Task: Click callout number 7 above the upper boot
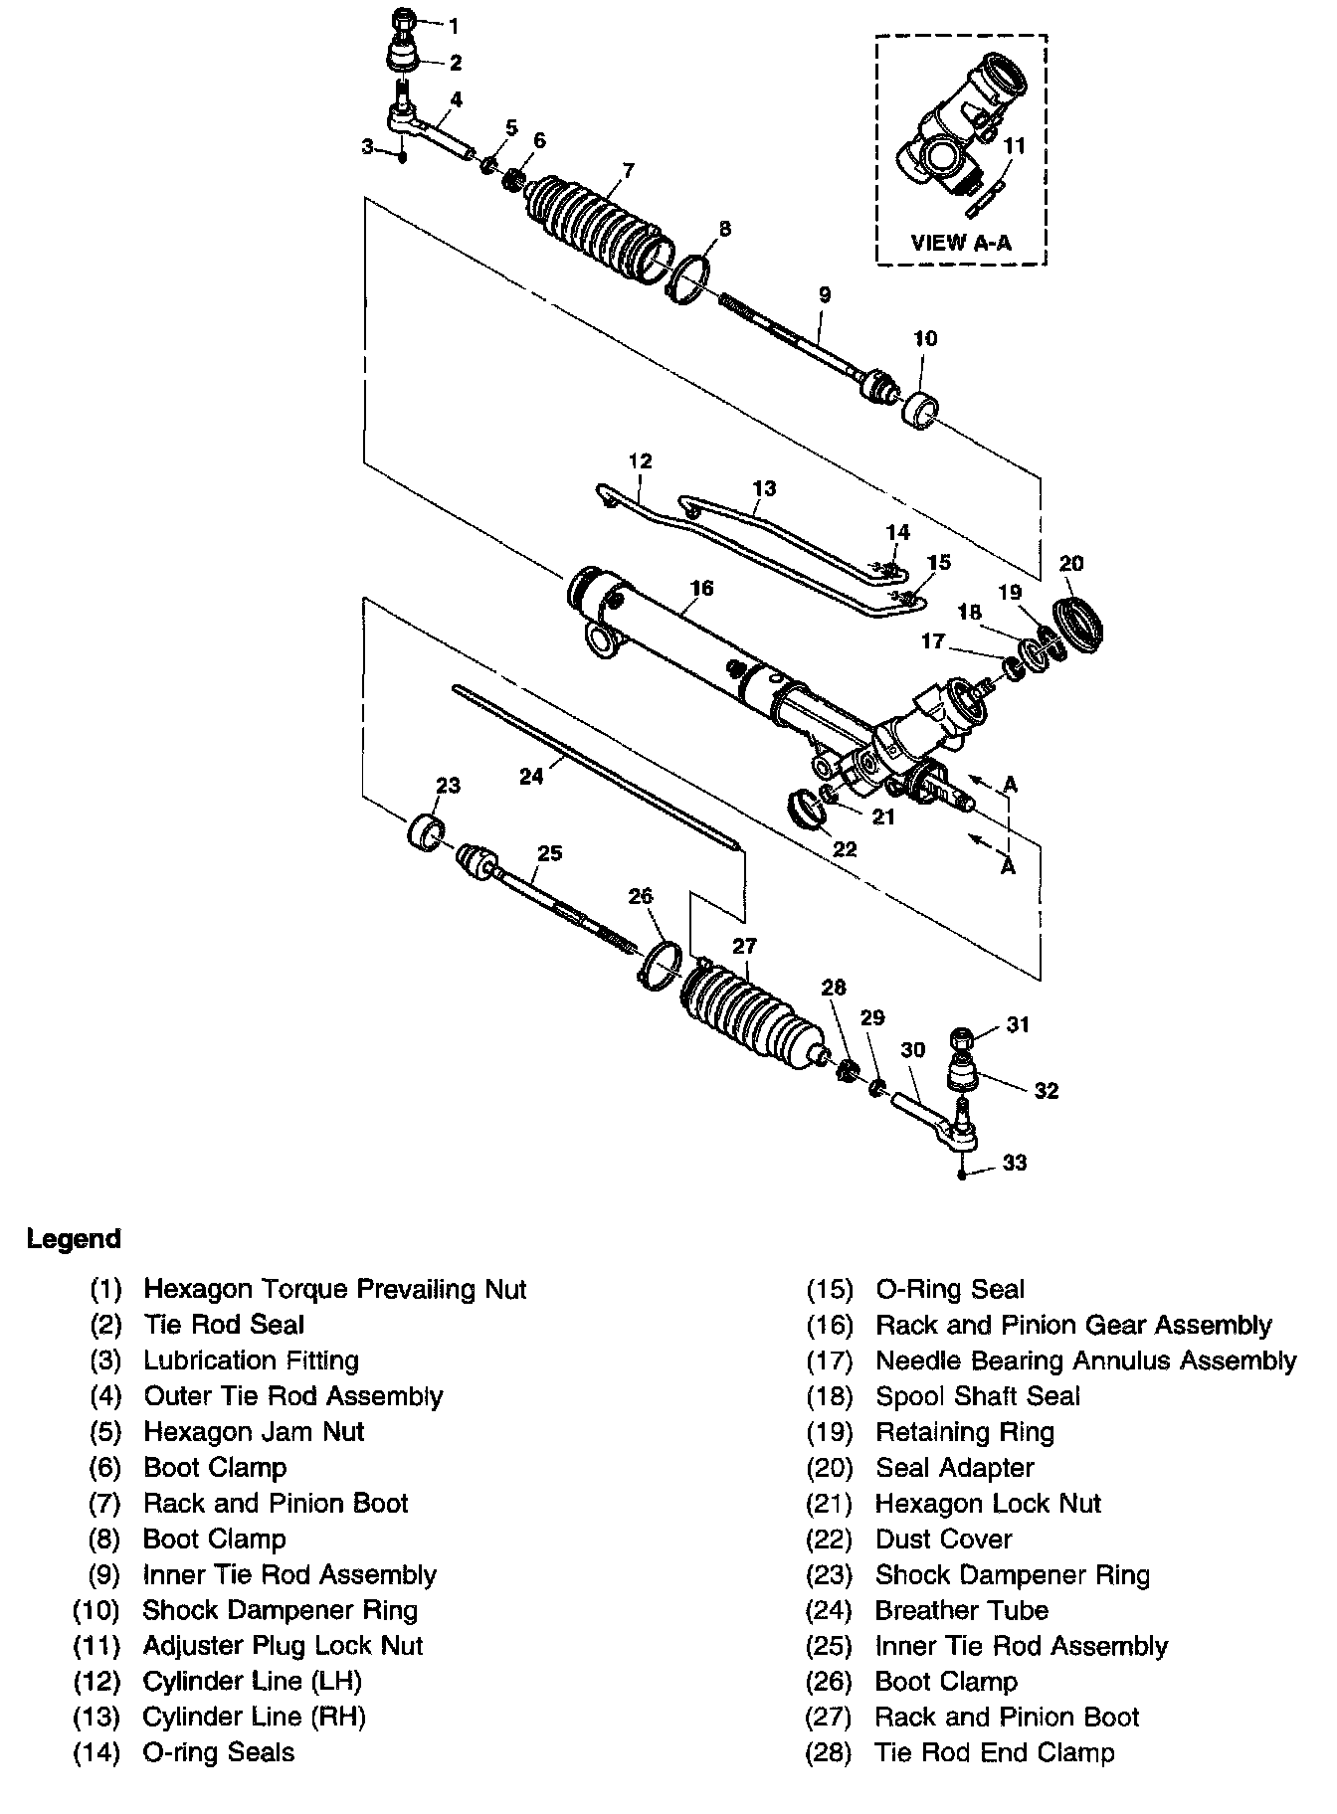click(x=627, y=171)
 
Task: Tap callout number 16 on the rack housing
click(x=701, y=588)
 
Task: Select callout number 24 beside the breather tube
click(x=532, y=775)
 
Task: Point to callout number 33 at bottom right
click(x=1014, y=1163)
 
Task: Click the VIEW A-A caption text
click(x=960, y=242)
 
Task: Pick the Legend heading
click(x=74, y=1239)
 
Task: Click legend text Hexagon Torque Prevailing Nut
click(x=335, y=1289)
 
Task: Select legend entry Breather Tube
click(x=961, y=1610)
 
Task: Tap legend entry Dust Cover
click(x=943, y=1539)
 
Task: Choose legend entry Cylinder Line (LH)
click(x=253, y=1682)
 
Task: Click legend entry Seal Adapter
click(x=954, y=1467)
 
